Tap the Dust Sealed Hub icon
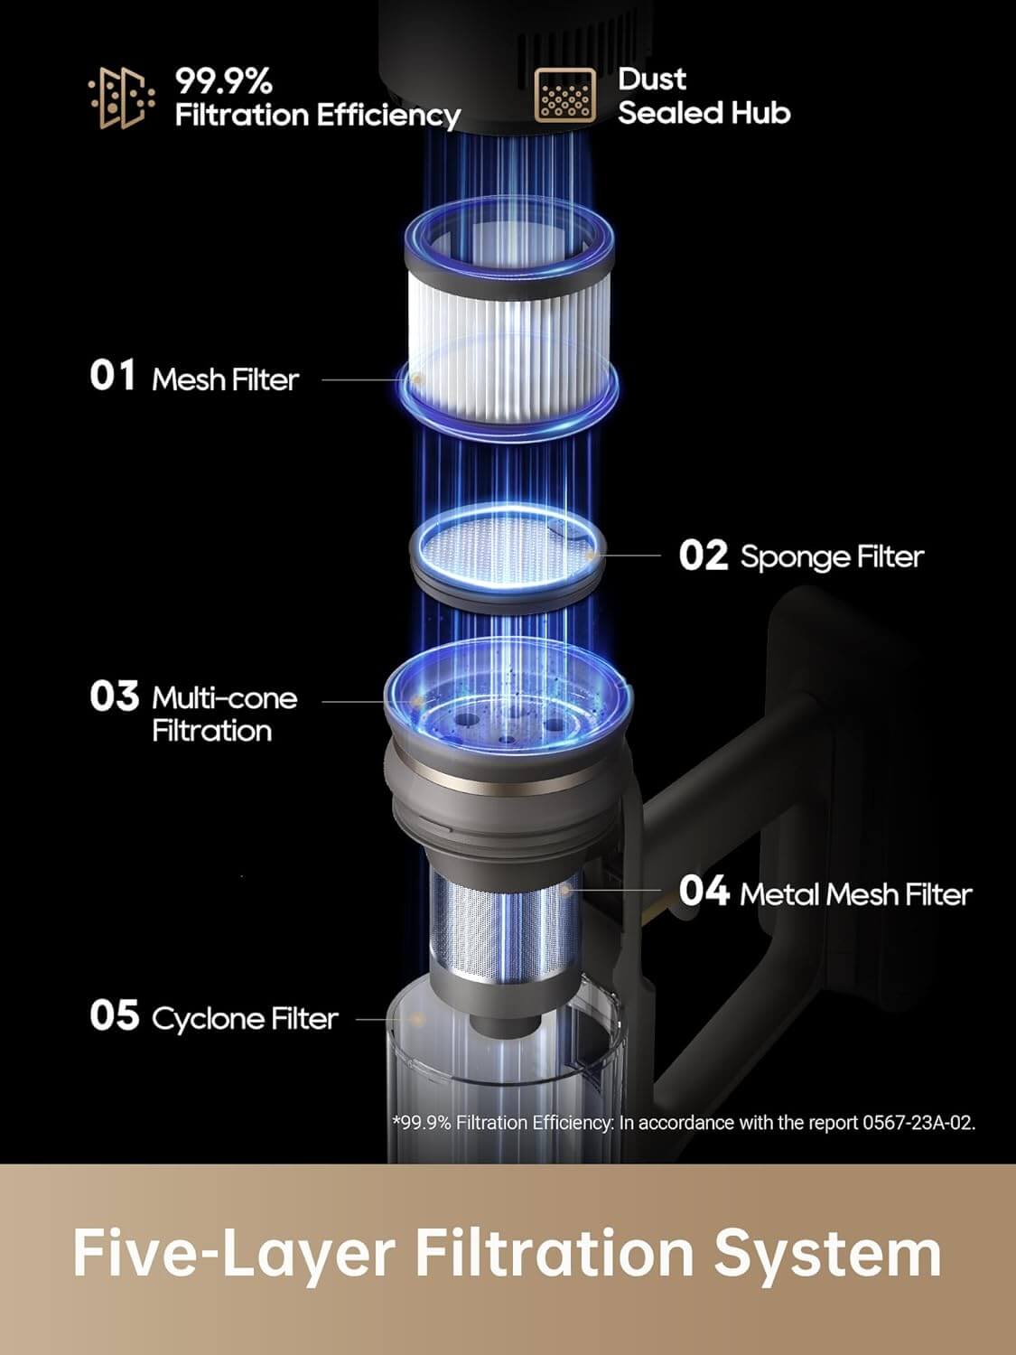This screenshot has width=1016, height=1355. click(x=564, y=96)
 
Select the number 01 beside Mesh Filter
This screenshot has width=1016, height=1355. click(x=113, y=376)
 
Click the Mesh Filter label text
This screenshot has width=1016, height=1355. click(x=225, y=379)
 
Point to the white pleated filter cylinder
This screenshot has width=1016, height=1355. click(x=509, y=344)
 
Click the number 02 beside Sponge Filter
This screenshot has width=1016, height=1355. click(x=703, y=556)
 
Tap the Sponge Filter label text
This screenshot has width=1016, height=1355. click(x=832, y=556)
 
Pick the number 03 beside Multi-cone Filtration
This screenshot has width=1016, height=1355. click(x=114, y=696)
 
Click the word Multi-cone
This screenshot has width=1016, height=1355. click(x=224, y=697)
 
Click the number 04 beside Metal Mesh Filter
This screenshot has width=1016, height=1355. click(x=704, y=892)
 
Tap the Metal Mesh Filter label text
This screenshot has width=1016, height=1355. click(x=855, y=894)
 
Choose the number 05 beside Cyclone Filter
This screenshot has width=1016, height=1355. click(x=114, y=1015)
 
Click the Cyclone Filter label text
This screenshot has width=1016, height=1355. click(x=245, y=1019)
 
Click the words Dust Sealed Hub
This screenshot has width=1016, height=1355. click(x=704, y=96)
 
